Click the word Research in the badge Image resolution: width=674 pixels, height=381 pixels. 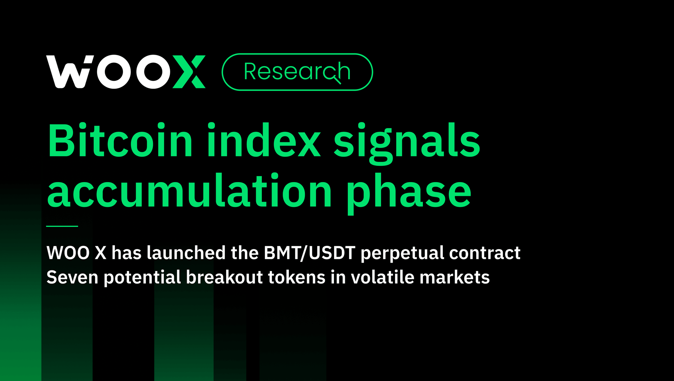(297, 72)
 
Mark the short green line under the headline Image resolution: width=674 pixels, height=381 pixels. (62, 226)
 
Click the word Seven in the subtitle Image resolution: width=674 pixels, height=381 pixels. (72, 277)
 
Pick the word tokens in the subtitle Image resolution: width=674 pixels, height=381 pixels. (297, 277)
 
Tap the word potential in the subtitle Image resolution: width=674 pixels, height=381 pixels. (142, 278)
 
